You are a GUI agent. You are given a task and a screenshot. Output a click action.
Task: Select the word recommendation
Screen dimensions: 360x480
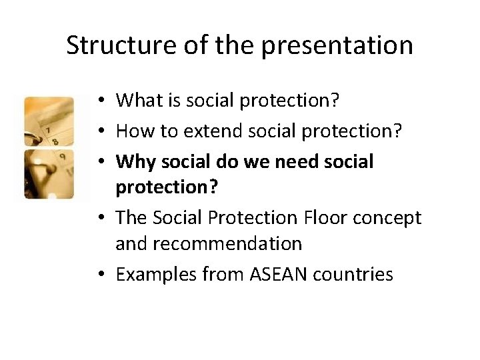point(209,244)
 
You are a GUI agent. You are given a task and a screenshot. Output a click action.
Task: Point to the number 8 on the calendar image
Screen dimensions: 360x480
point(55,141)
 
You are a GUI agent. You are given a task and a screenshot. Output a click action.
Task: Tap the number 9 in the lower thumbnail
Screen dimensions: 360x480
point(61,158)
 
